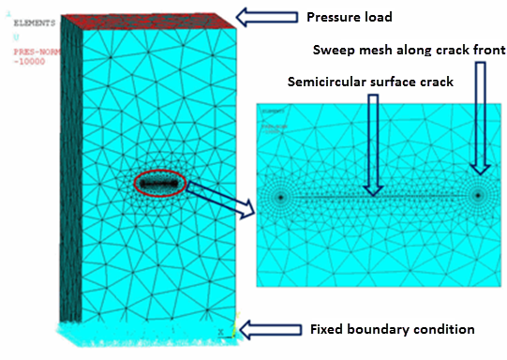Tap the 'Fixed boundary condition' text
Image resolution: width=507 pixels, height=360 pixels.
point(392,329)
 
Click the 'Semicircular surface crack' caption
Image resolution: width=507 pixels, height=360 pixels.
point(370,82)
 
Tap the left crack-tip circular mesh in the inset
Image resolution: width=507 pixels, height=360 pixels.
point(280,197)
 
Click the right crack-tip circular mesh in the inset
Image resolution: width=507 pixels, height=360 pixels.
point(479,196)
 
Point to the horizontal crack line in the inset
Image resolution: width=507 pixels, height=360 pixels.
point(380,196)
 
